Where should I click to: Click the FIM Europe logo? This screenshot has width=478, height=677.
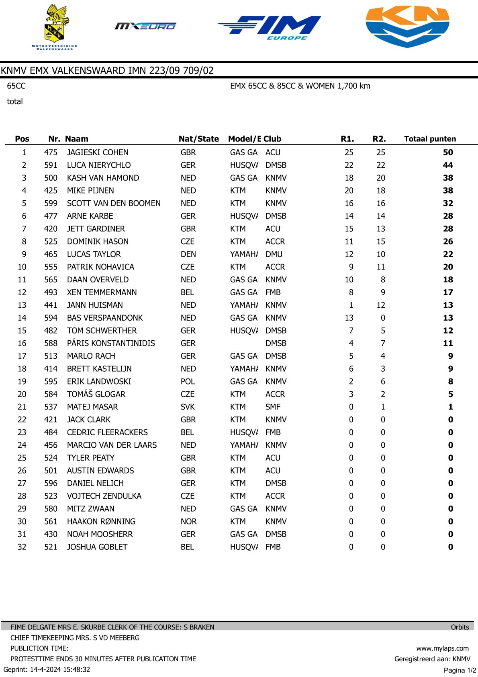click(x=270, y=27)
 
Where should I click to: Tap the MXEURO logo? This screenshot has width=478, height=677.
click(x=145, y=26)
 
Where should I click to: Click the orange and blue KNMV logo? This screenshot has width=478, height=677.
click(x=407, y=26)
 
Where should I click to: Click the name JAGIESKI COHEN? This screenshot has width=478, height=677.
click(x=98, y=152)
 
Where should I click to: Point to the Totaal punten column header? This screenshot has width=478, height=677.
click(x=430, y=139)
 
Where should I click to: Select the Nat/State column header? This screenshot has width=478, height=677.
click(x=198, y=139)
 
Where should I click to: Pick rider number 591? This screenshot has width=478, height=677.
click(x=51, y=165)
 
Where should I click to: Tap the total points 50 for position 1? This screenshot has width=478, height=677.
click(x=447, y=152)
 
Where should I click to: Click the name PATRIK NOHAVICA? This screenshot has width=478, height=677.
click(x=100, y=267)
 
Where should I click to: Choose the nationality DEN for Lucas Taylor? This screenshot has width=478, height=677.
click(x=188, y=254)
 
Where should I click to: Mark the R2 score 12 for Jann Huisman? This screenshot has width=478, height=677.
click(x=380, y=305)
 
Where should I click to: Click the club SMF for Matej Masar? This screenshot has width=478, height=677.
click(x=273, y=407)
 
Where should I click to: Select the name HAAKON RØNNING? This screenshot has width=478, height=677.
click(x=101, y=522)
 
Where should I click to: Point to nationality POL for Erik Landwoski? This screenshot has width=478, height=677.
click(x=188, y=382)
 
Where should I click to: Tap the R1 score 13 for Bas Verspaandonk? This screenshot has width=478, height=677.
click(x=349, y=318)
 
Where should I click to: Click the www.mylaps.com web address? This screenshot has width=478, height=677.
click(x=442, y=648)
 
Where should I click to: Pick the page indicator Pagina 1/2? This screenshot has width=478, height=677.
click(x=460, y=670)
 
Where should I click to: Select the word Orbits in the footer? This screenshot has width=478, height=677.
click(x=460, y=627)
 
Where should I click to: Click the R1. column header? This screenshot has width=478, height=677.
click(x=347, y=139)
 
